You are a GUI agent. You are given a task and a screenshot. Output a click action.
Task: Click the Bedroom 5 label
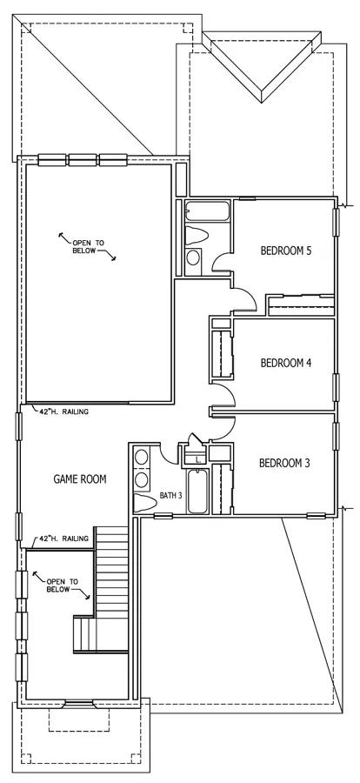click(x=286, y=251)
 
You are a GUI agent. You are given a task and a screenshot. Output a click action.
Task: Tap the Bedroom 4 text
click(x=286, y=363)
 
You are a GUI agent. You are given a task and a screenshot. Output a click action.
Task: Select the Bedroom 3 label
click(x=284, y=463)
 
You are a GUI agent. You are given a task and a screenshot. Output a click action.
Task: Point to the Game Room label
click(x=80, y=479)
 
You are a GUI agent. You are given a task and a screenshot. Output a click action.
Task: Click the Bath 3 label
click(x=170, y=496)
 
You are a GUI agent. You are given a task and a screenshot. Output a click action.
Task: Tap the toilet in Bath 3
click(x=145, y=503)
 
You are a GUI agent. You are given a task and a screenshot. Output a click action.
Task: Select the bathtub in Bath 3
click(x=197, y=491)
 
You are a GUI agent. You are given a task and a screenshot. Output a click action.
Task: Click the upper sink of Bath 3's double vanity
click(x=142, y=457)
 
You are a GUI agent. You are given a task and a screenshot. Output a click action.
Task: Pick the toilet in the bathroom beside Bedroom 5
click(x=197, y=236)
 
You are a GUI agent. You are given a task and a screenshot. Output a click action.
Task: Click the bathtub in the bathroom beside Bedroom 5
click(x=207, y=212)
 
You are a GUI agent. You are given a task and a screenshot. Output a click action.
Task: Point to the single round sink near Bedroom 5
click(x=193, y=258)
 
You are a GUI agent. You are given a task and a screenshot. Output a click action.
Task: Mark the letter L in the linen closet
click(x=198, y=459)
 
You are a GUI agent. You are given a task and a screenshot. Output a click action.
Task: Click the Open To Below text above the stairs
click(x=63, y=586)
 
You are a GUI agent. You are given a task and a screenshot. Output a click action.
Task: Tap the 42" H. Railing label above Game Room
click(x=63, y=412)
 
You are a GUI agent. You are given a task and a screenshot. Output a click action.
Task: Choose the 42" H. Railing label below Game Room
click(x=63, y=539)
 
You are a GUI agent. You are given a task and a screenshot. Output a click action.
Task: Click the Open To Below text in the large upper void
click(x=89, y=247)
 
